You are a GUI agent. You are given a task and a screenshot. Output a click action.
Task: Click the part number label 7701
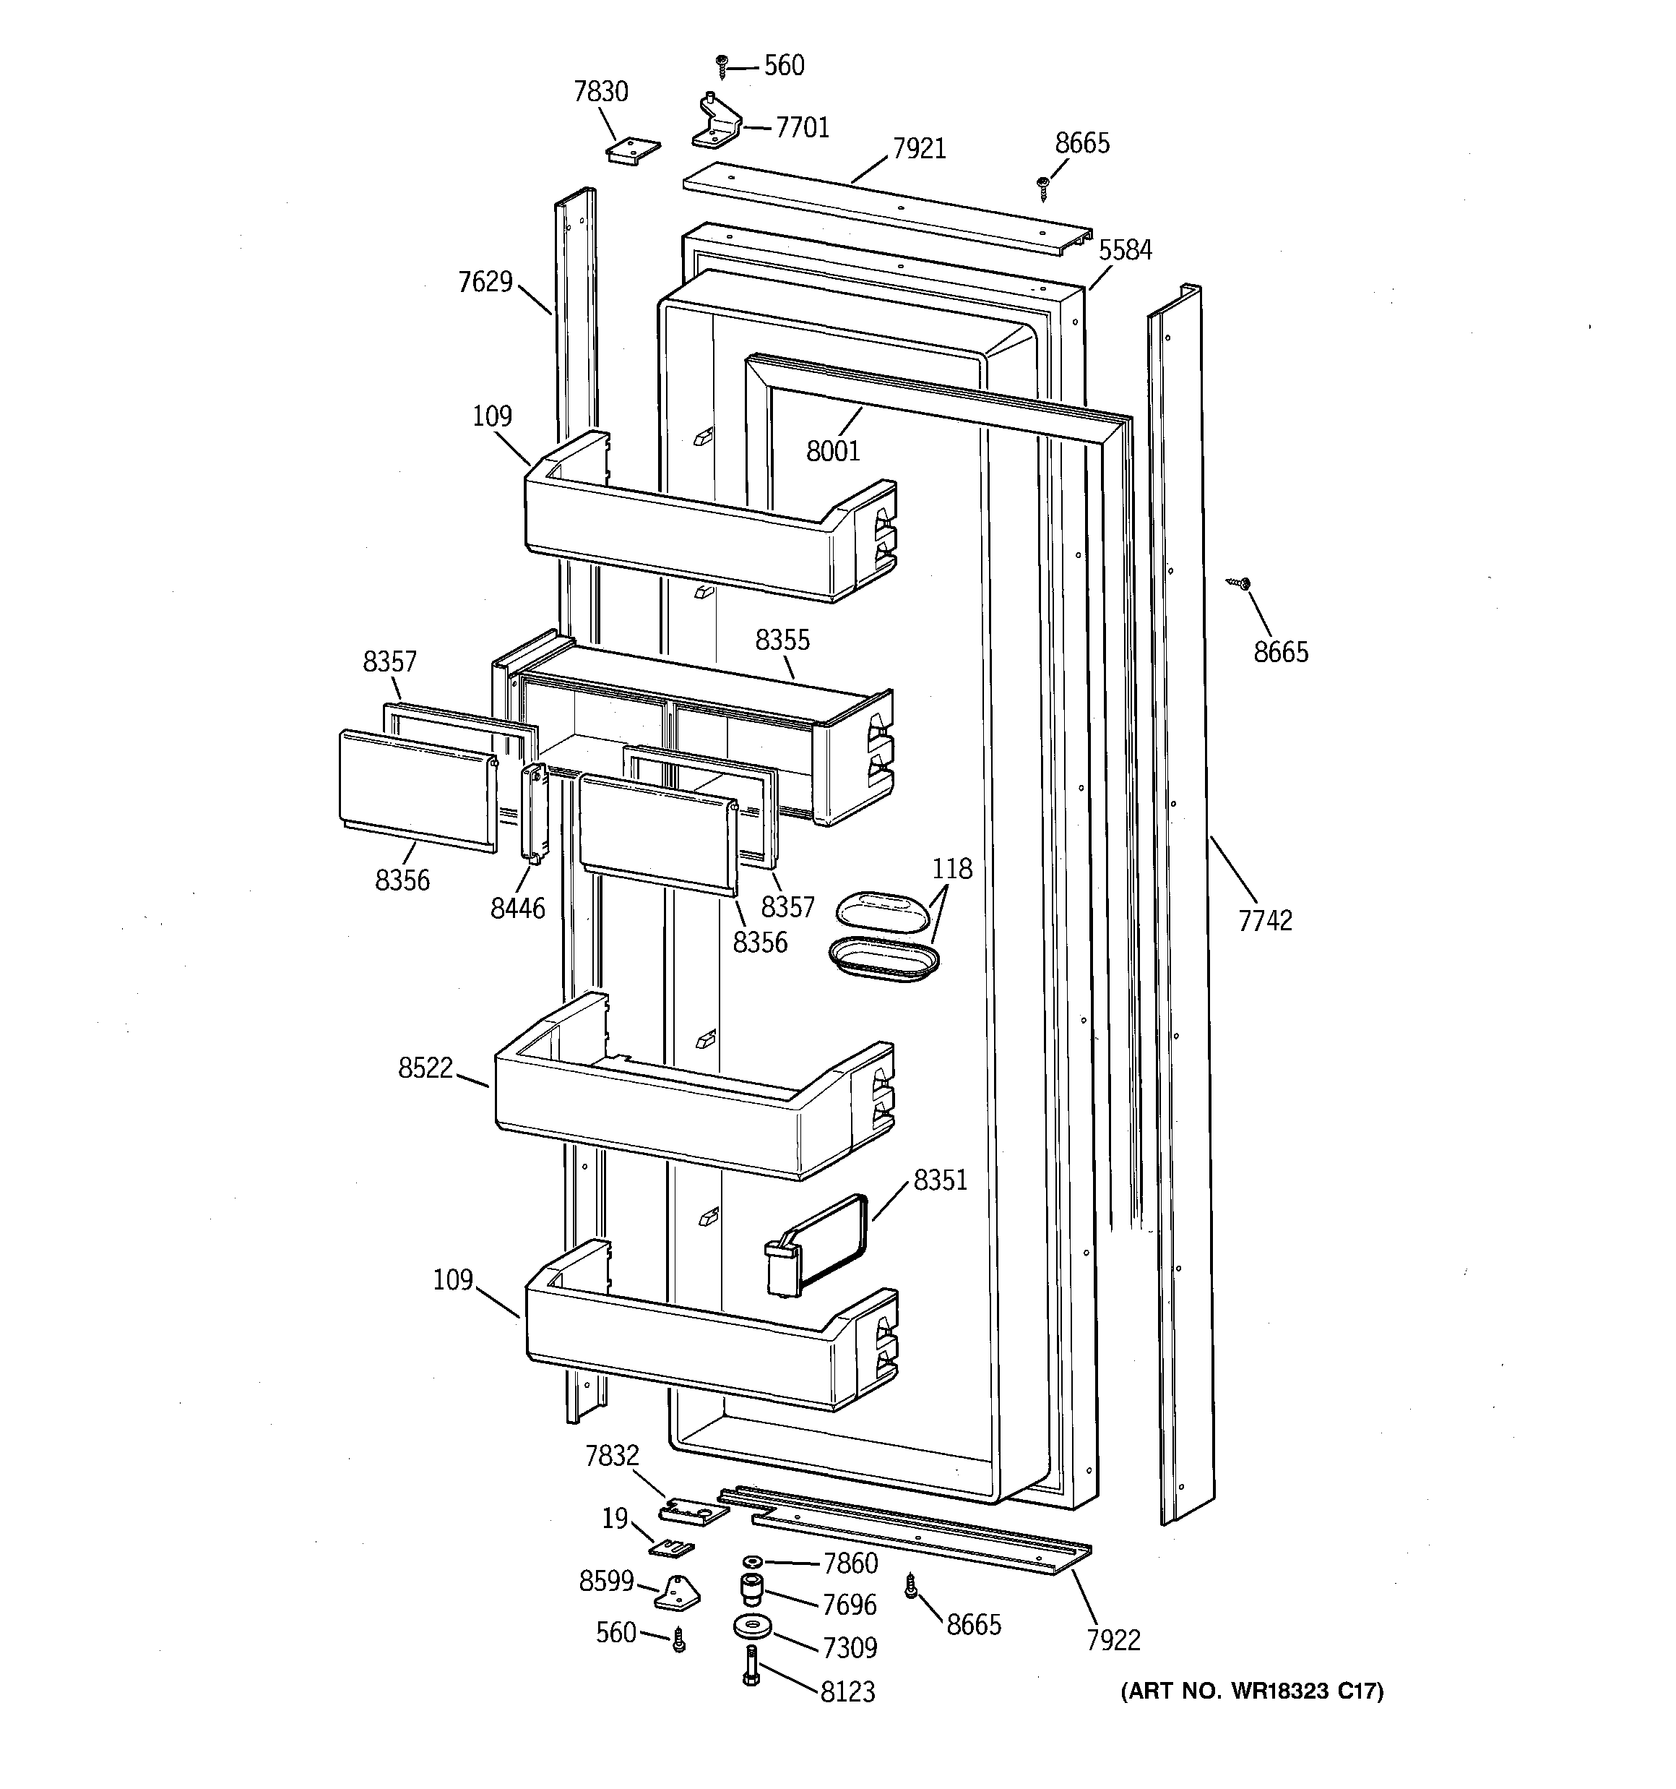click(x=802, y=128)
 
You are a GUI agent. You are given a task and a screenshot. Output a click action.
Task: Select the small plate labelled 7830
click(x=632, y=150)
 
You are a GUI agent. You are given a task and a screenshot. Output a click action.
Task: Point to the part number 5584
click(x=1125, y=250)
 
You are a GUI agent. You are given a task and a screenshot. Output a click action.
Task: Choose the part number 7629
click(x=485, y=283)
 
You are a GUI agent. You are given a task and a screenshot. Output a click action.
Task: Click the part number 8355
click(x=782, y=640)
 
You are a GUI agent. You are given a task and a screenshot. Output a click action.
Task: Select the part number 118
click(x=952, y=870)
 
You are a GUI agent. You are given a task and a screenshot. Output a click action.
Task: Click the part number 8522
click(x=425, y=1068)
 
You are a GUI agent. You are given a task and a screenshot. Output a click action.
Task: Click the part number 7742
click(x=1265, y=921)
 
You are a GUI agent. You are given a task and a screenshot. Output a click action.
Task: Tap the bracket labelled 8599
click(x=678, y=1594)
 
